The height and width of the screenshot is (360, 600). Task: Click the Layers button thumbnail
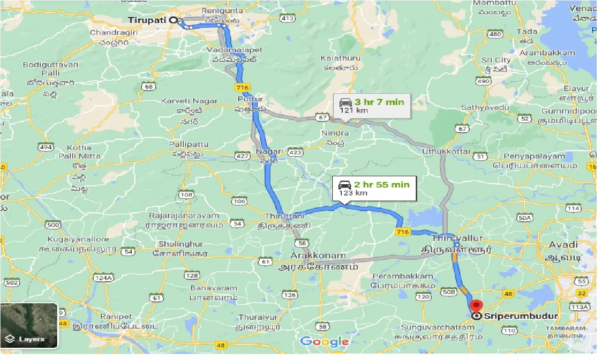click(29, 326)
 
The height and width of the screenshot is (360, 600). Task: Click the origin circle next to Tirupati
click(173, 20)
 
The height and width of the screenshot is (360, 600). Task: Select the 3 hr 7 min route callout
click(372, 105)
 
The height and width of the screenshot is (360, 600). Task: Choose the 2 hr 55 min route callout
click(374, 188)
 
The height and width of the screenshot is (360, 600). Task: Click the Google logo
click(324, 341)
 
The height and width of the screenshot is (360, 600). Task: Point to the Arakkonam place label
click(318, 256)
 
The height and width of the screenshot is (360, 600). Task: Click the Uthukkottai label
click(446, 151)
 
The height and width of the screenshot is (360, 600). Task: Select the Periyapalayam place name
click(534, 156)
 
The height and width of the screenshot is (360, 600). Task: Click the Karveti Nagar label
click(189, 101)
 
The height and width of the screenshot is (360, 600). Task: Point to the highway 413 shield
click(287, 18)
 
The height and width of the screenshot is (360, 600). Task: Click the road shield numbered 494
click(45, 148)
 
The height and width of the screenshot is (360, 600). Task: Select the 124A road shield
click(104, 277)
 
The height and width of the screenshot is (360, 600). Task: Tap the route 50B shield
click(449, 292)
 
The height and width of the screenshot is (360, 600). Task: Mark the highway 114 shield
click(573, 208)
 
